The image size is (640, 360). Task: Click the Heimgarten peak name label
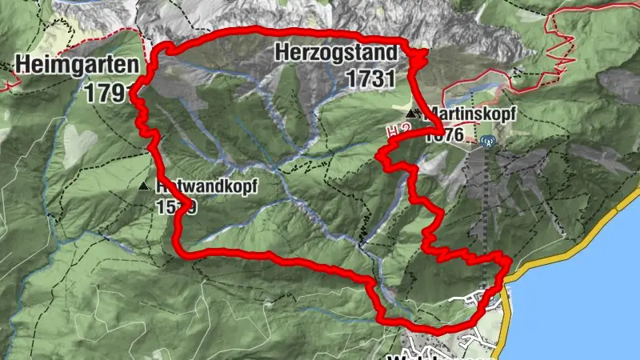[69, 63]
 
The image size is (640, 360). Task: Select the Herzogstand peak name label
[335, 54]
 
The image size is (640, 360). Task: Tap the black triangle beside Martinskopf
[411, 113]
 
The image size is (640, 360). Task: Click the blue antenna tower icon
[488, 142]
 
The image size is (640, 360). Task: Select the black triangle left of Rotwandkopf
[144, 186]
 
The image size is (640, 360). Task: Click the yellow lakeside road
[560, 248]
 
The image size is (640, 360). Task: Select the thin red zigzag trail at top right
[560, 40]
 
